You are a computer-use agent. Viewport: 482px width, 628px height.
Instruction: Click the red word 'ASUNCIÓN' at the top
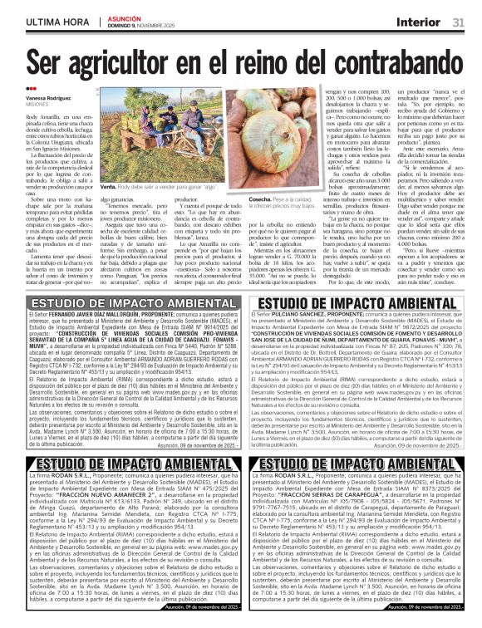[x=124, y=17]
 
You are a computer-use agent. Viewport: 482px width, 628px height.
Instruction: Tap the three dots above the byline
[x=31, y=88]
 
